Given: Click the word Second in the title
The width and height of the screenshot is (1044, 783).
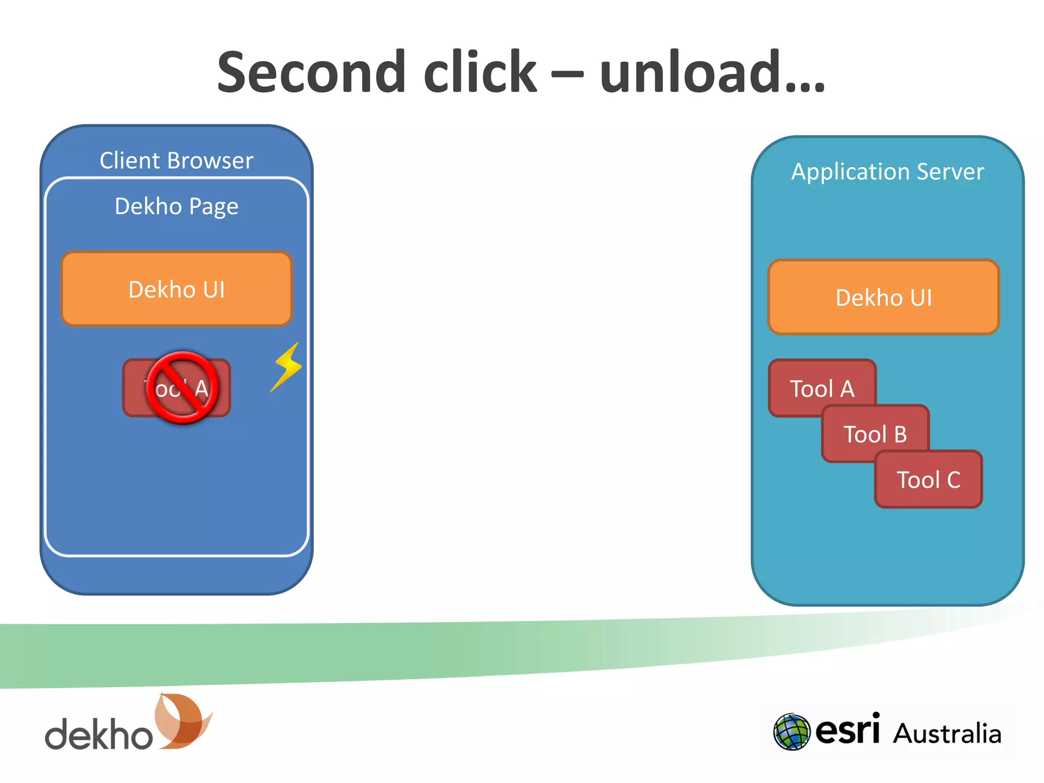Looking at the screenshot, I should [311, 72].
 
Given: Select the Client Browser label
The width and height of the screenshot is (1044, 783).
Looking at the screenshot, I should [176, 161].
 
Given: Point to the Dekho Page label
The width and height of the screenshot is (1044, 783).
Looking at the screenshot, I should [176, 206].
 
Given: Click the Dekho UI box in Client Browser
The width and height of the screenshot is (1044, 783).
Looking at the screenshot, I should [176, 289].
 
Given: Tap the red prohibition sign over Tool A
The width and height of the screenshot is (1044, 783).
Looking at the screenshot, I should [182, 387].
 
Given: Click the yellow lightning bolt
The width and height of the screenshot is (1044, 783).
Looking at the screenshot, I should [287, 367].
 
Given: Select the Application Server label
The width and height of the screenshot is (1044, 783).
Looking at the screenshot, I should [888, 172].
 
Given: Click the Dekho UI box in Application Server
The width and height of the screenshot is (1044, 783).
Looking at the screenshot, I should [883, 297].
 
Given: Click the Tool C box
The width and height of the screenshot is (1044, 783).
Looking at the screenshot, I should [928, 480].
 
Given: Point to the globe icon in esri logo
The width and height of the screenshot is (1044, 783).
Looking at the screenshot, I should [791, 732].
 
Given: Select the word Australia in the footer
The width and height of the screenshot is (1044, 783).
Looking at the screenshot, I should [947, 734].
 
